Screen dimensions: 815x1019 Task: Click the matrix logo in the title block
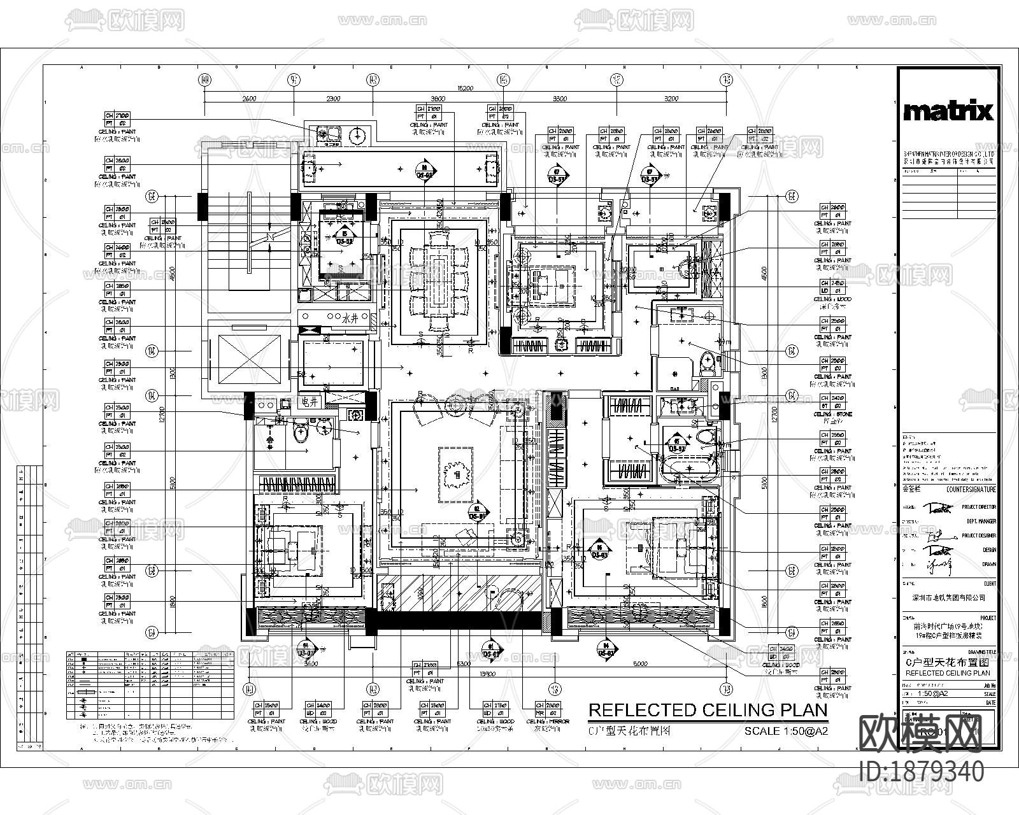coord(948,112)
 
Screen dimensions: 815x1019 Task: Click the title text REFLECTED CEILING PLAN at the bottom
coord(707,710)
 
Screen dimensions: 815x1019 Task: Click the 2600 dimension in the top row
coord(249,99)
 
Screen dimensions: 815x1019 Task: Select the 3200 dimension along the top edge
coord(671,99)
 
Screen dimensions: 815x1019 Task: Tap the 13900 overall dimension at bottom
coord(488,673)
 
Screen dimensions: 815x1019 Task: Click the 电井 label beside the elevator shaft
coord(311,402)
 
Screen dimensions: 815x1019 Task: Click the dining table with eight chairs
coord(439,281)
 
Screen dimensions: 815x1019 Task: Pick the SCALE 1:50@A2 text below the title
coord(786,732)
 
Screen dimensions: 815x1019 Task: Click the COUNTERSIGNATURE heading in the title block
coord(971,490)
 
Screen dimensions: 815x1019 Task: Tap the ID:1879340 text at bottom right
coord(921,772)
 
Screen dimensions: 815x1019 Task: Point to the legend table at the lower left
coord(150,685)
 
